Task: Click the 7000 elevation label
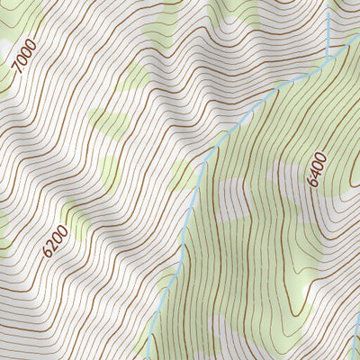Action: (26, 55)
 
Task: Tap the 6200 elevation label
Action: (55, 240)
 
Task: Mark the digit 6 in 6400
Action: (313, 182)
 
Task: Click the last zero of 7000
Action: (33, 43)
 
